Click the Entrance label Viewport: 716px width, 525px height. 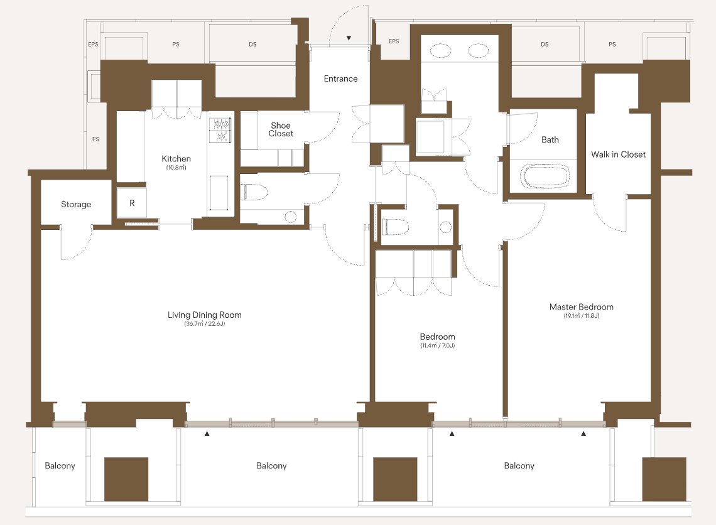tap(340, 78)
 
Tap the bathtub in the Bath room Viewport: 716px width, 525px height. tap(545, 176)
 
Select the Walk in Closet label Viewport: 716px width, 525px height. tap(618, 154)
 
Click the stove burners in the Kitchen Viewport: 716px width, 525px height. tap(221, 129)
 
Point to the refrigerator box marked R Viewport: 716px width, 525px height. tap(131, 203)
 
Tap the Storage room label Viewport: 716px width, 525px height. tap(76, 205)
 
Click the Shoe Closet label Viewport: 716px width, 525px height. tap(281, 129)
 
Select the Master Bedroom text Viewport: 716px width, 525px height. tap(582, 307)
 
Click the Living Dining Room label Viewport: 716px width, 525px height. tap(205, 315)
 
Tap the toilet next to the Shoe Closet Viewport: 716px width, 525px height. tap(254, 192)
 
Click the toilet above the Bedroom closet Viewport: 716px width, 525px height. tap(395, 227)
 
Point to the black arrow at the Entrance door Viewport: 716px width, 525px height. tap(349, 38)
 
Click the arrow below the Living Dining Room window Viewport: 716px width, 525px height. tap(207, 433)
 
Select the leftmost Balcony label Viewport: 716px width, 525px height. tap(60, 465)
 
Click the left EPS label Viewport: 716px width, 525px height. tap(93, 45)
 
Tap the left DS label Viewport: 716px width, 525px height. tap(252, 45)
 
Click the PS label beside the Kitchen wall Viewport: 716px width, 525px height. tap(96, 139)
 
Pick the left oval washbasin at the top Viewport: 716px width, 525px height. tap(441, 50)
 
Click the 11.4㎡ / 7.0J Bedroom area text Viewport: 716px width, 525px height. tap(438, 345)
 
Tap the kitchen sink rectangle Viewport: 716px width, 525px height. tap(219, 193)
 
